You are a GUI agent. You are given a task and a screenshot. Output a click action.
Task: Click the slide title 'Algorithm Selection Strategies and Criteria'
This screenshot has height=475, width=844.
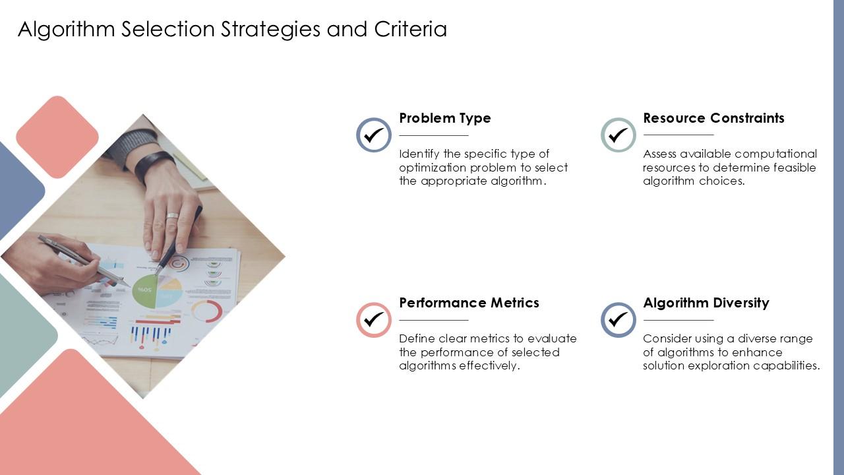232,30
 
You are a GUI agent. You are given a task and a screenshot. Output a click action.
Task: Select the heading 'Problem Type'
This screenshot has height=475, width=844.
445,118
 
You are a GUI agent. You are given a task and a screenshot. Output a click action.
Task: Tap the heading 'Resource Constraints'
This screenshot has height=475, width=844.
713,118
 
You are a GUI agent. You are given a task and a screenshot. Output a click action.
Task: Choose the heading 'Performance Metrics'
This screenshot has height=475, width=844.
469,303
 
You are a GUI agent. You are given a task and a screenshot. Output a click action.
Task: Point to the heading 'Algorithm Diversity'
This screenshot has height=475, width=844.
706,303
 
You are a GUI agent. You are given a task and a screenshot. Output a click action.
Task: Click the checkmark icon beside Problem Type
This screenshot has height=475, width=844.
374,135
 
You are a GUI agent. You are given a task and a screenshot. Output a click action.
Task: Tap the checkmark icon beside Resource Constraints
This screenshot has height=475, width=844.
618,135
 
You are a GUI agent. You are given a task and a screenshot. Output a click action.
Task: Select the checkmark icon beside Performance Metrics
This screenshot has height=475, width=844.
374,320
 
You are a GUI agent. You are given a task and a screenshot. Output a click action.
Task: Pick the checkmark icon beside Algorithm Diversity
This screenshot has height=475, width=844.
618,320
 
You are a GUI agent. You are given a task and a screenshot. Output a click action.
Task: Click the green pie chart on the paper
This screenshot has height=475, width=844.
144,291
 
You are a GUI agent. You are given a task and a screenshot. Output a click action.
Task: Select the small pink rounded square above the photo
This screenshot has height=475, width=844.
57,137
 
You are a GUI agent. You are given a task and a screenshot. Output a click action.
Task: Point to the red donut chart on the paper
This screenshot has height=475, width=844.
206,311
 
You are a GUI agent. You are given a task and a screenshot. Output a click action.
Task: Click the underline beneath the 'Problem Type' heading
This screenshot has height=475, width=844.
433,135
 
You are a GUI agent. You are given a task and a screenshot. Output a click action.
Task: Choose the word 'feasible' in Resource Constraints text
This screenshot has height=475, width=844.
795,168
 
